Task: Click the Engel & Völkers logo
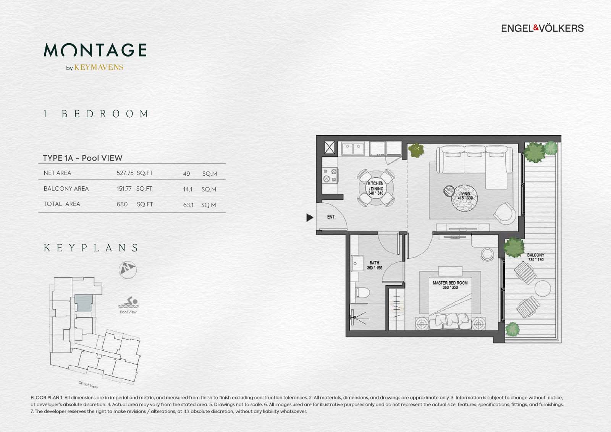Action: (x=542, y=28)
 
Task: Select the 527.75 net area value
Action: (x=125, y=173)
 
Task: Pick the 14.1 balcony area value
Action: (x=188, y=189)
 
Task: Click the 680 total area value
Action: (x=122, y=204)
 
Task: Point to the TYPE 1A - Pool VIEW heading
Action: (x=82, y=158)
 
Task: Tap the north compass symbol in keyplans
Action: (x=128, y=269)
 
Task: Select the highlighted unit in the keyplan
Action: (x=83, y=303)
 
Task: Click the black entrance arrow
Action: (x=310, y=218)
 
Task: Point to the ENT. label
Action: (x=331, y=217)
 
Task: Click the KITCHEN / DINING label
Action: (x=375, y=188)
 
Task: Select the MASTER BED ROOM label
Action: (x=450, y=285)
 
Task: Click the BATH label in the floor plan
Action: (x=374, y=265)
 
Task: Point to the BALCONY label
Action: (x=535, y=257)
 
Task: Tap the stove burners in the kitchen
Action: (x=330, y=175)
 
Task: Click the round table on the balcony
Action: (x=542, y=288)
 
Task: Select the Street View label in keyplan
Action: (x=88, y=384)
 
